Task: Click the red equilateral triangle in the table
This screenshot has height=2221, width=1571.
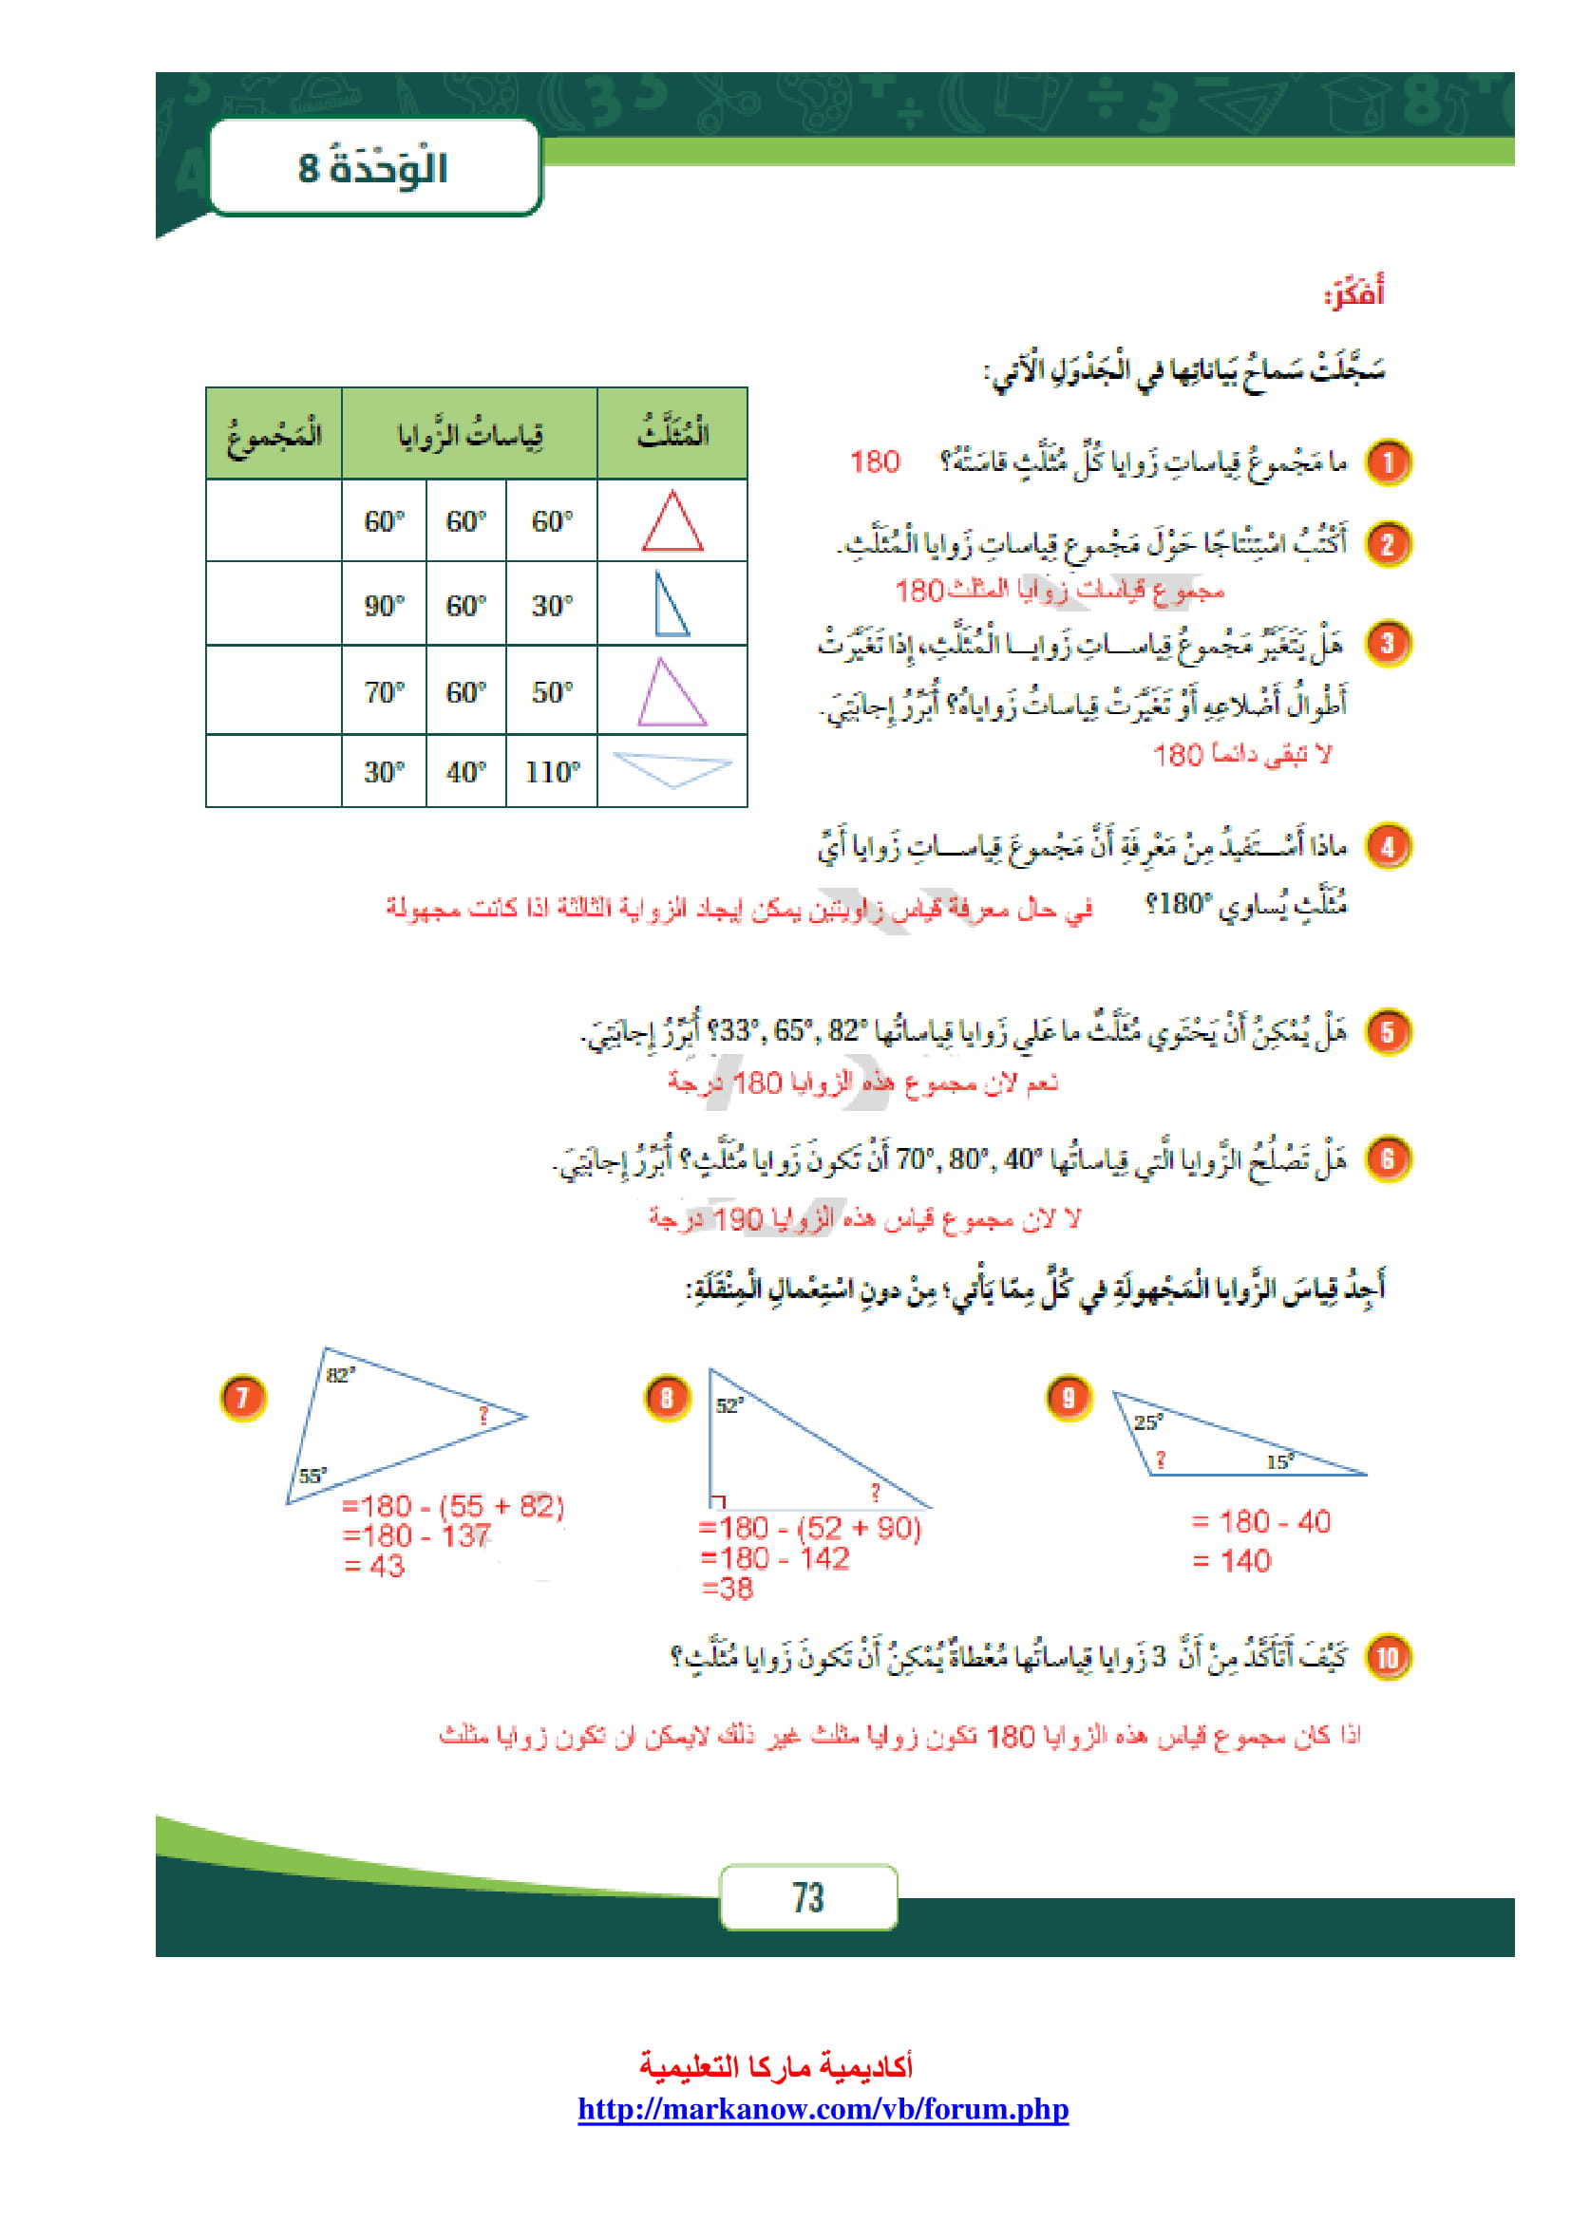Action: pyautogui.click(x=672, y=523)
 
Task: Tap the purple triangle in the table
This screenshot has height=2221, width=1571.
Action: pyautogui.click(x=672, y=693)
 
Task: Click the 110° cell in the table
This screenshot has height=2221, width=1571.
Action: pyautogui.click(x=553, y=772)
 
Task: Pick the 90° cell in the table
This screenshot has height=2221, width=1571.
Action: pyautogui.click(x=384, y=606)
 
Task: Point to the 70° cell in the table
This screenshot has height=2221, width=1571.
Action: pyautogui.click(x=384, y=692)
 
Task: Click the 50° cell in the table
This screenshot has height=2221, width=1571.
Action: pyautogui.click(x=553, y=692)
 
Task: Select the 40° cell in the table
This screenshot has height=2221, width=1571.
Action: pyautogui.click(x=466, y=772)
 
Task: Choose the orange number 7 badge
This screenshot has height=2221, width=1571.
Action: pyautogui.click(x=243, y=1398)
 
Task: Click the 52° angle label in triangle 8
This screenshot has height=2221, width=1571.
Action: pyautogui.click(x=729, y=1405)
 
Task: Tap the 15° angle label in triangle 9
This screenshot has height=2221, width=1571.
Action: pyautogui.click(x=1279, y=1461)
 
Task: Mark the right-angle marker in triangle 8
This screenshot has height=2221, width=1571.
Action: pyautogui.click(x=718, y=1501)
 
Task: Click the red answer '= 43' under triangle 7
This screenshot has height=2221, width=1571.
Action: pyautogui.click(x=374, y=1566)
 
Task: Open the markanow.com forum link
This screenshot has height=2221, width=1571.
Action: pyautogui.click(x=823, y=2109)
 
